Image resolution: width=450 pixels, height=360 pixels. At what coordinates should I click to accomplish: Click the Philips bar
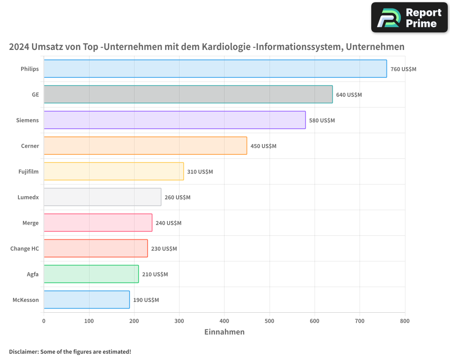coord(215,69)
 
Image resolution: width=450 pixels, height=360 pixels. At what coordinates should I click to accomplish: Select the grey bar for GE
coord(188,94)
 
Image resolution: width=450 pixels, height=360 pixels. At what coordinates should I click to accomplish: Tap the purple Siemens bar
coord(175,120)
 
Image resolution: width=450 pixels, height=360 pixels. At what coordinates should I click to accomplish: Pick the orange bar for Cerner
coord(145,146)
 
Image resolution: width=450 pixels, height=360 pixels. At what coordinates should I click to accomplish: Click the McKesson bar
coord(87,300)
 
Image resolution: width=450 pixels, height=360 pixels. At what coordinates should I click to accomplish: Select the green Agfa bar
coord(91,274)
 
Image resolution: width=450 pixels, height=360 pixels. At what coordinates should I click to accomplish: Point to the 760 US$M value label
coord(403,69)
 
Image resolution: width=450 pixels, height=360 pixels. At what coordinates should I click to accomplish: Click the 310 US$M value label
coord(200,172)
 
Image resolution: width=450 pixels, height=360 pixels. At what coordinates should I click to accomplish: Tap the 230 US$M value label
coord(164,249)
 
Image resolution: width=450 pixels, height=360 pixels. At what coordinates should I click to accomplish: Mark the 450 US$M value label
coord(263,146)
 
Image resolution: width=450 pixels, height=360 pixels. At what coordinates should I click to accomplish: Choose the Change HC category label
coord(25,248)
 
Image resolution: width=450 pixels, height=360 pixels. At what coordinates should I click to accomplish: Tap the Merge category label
coord(31,223)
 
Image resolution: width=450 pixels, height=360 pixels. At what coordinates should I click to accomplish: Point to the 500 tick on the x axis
coord(270,321)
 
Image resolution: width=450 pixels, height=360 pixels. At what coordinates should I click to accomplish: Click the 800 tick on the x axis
coord(405,321)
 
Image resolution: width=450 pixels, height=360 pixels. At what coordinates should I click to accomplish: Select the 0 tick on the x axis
coord(44,321)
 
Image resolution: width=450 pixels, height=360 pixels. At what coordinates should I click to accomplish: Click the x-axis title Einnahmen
coord(224,332)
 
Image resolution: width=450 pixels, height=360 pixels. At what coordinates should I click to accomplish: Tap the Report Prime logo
coord(409,18)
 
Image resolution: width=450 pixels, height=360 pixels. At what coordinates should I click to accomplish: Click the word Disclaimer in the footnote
coord(23,351)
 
